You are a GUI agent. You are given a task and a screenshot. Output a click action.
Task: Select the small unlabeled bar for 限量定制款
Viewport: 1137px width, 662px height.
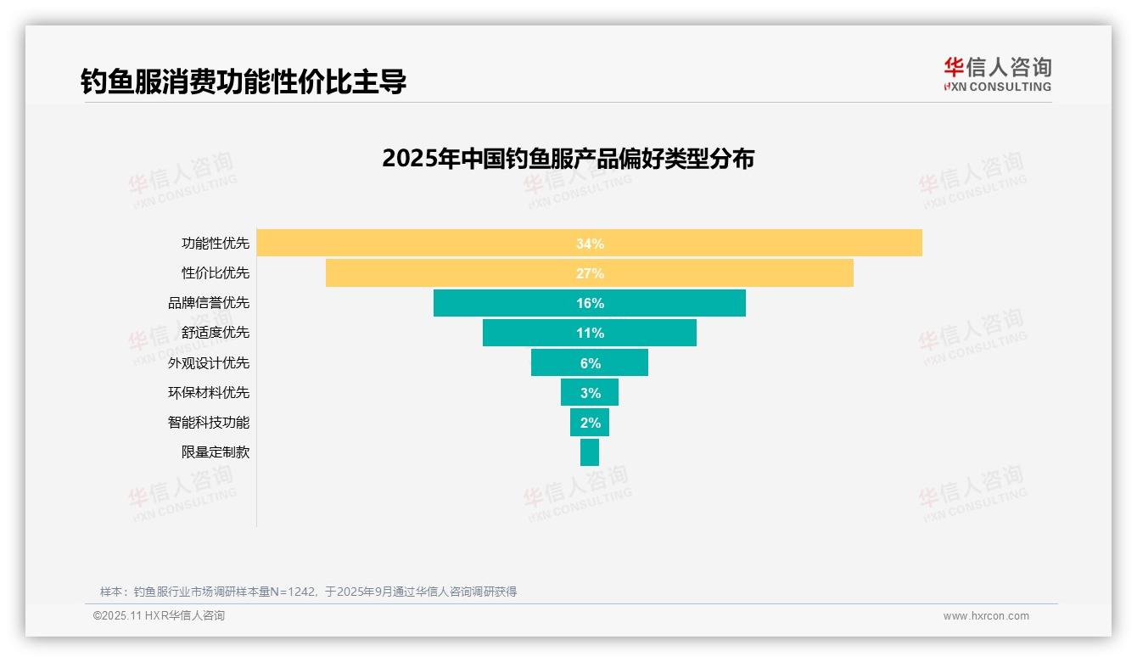[x=590, y=452]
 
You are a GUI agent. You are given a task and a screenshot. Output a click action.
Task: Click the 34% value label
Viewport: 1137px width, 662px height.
[x=590, y=244]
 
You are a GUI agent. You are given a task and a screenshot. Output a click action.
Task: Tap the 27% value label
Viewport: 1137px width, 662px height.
[x=590, y=273]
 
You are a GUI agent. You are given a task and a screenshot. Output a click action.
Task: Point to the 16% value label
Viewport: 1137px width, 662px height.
[x=590, y=303]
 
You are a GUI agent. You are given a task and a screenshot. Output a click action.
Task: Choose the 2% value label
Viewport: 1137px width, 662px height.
[x=590, y=423]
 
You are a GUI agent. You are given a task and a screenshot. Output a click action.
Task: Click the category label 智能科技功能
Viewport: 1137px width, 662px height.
[x=209, y=422]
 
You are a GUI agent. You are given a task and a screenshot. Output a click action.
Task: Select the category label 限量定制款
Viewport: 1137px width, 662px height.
[x=216, y=452]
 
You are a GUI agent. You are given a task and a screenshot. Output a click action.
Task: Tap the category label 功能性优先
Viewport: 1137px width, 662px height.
[x=216, y=243]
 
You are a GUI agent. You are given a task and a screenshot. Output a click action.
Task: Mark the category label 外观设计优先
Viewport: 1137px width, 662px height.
[x=209, y=362]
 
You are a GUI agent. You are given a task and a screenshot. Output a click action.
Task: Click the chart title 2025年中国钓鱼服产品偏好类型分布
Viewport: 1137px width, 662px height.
[x=568, y=159]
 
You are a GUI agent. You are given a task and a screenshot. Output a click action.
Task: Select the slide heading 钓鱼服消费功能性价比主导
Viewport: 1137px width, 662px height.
[x=244, y=81]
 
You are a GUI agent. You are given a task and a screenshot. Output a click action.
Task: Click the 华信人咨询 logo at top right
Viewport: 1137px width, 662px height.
[x=997, y=74]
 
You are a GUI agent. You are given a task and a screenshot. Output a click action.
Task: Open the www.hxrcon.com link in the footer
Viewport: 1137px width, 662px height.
[x=986, y=616]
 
